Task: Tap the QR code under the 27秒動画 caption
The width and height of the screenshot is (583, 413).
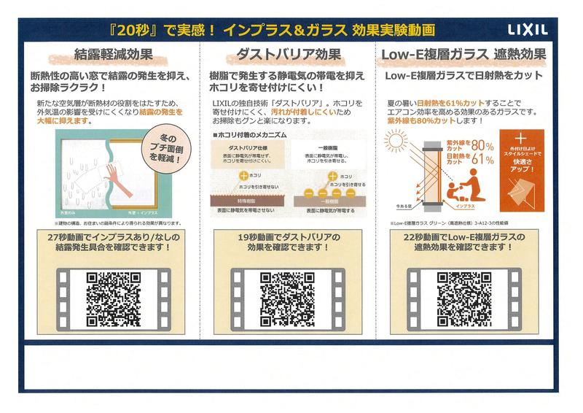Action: point(113,298)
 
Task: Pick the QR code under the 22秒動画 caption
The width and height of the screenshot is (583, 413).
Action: point(463,298)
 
